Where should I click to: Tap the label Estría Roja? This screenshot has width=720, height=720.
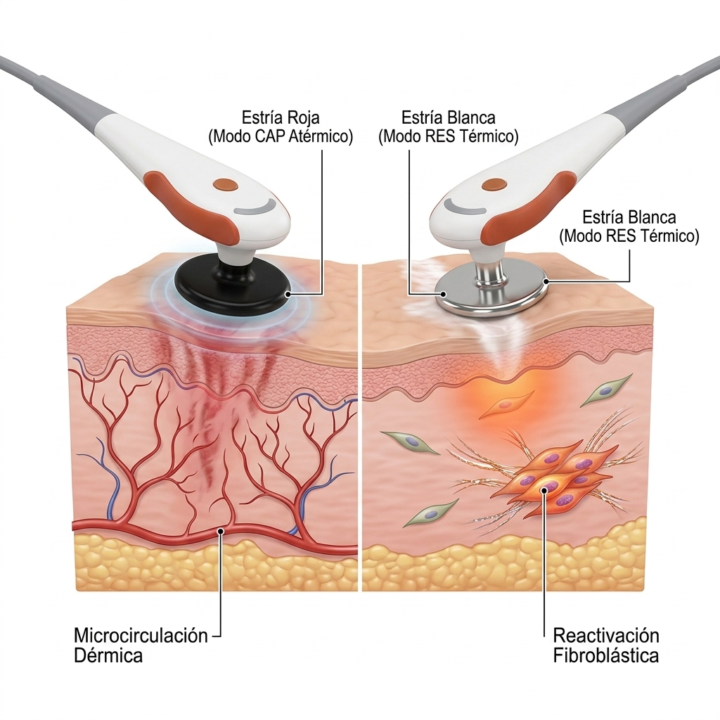pyautogui.click(x=281, y=117)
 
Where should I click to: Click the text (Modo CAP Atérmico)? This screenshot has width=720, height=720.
pyautogui.click(x=281, y=136)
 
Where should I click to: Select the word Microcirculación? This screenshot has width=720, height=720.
pyautogui.click(x=141, y=636)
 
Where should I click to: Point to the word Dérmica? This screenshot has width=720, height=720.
pyautogui.click(x=108, y=655)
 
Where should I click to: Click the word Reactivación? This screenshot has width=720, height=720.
pyautogui.click(x=606, y=636)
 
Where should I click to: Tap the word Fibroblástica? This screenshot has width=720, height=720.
pyautogui.click(x=606, y=655)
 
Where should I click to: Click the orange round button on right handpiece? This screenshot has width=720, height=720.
pyautogui.click(x=494, y=185)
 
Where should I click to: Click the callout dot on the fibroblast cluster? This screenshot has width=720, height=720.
pyautogui.click(x=545, y=490)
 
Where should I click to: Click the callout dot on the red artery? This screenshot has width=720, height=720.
pyautogui.click(x=221, y=532)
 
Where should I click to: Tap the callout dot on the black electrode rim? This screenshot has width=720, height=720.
pyautogui.click(x=288, y=294)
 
